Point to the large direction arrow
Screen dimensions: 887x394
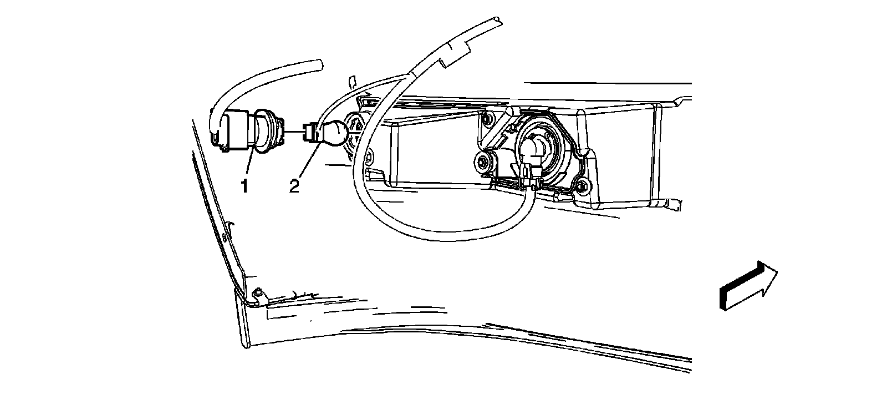[x=748, y=286]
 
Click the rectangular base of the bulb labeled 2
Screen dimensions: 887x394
[x=312, y=133]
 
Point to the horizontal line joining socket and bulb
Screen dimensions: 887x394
[x=294, y=133]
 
